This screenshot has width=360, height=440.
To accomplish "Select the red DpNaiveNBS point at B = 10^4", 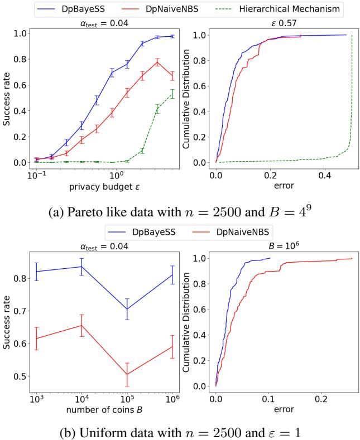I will pos(81,325).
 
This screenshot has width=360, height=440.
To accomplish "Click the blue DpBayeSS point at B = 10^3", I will pos(36,271).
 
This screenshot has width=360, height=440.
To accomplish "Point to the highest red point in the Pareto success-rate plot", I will pos(158,62).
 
